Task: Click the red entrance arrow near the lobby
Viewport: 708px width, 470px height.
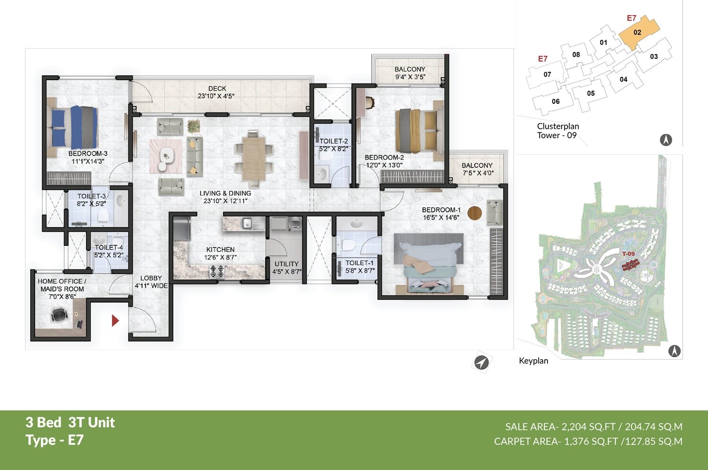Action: coord(115,321)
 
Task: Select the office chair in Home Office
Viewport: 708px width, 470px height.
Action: coord(59,314)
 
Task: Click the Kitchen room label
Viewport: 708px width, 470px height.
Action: coord(220,250)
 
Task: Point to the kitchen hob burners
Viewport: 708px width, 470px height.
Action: coord(217,271)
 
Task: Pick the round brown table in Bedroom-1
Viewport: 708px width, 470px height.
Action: coord(474,213)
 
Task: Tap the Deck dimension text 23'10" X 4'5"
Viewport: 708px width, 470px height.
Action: coord(216,96)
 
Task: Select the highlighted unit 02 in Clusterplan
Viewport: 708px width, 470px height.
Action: coord(638,32)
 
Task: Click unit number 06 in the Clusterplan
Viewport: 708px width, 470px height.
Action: coord(556,101)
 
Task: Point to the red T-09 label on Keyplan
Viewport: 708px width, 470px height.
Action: coord(628,254)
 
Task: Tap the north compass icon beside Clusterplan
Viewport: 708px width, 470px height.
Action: coord(666,140)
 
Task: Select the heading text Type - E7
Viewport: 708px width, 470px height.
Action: coord(54,440)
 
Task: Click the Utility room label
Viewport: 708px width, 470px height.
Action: coord(287,264)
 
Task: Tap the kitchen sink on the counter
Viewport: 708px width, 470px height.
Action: coord(246,223)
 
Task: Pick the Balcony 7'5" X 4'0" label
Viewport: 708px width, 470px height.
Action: coord(477,169)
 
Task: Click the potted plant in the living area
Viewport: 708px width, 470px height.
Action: coord(194,126)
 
